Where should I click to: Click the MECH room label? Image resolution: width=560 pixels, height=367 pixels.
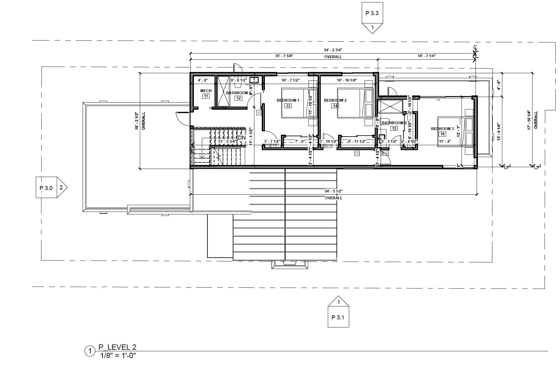(x=206, y=91)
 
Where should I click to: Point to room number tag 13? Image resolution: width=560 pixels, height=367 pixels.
(x=288, y=106)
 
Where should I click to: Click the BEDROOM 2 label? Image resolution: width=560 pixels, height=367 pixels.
(x=335, y=100)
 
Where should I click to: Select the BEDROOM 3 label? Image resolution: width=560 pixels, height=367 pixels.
(x=442, y=129)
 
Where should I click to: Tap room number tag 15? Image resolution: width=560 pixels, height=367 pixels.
(x=394, y=129)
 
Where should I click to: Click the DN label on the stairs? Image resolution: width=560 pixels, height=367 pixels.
(x=242, y=137)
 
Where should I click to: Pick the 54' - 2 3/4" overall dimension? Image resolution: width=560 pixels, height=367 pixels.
(x=333, y=50)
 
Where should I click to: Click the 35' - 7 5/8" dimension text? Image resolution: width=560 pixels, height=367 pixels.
(x=284, y=56)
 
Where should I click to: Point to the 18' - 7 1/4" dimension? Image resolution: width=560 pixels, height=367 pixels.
(x=427, y=56)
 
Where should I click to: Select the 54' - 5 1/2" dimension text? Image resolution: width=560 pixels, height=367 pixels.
(x=333, y=191)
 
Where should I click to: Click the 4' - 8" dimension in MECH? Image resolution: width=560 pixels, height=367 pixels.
(x=203, y=80)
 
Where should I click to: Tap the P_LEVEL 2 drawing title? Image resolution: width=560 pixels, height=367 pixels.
(x=117, y=347)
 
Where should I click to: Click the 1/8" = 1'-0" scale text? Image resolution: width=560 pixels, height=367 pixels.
(x=118, y=355)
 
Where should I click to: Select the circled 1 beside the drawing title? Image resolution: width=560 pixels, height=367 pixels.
(x=90, y=351)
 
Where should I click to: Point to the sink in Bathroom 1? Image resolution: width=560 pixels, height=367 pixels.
(x=254, y=80)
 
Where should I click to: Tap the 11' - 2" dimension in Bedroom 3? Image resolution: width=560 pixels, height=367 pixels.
(x=445, y=141)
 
